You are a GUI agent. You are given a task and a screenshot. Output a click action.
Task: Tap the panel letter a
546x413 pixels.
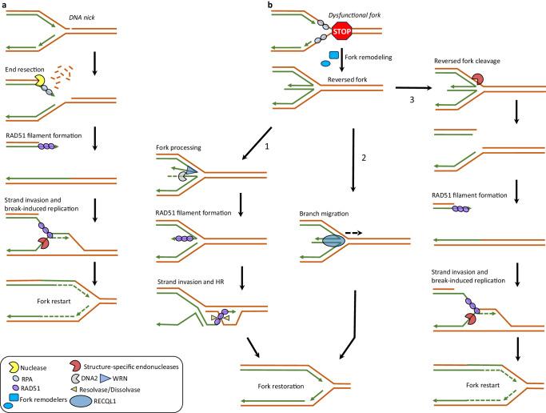pos(4,5)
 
